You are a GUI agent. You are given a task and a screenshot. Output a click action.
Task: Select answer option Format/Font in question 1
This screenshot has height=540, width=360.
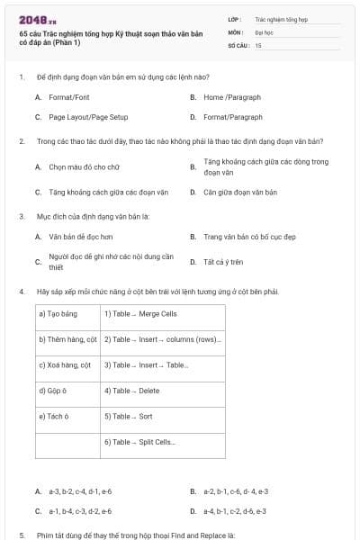coord(68,96)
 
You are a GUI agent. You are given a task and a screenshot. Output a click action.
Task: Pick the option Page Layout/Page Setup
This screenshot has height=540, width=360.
coord(88,117)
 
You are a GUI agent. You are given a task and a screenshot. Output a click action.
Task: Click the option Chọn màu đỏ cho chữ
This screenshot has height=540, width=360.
coord(84,166)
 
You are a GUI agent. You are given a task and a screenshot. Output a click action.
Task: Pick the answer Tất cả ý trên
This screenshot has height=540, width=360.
coord(224,262)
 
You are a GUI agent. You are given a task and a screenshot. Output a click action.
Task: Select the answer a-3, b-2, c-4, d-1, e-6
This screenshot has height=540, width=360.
coord(80,491)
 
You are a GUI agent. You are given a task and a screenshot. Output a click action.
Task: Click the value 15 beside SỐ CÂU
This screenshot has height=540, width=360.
coord(258,44)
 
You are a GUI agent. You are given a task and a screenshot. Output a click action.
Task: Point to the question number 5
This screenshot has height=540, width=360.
coord(21,535)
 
